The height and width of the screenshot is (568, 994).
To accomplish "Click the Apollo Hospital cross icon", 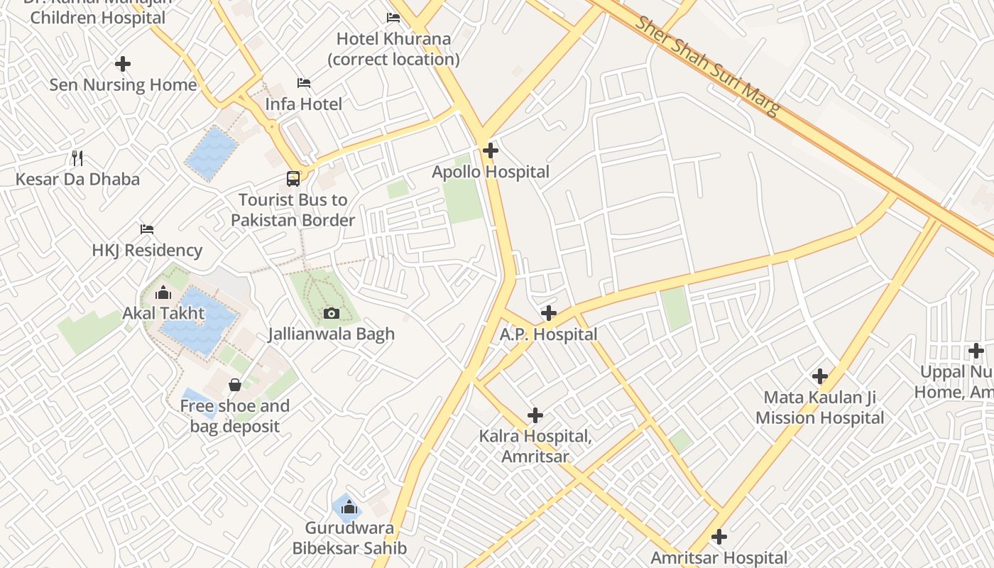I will (490, 151).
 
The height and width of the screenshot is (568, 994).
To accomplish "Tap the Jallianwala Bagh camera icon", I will (331, 313).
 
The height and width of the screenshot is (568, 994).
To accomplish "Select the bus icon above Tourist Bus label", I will (293, 178).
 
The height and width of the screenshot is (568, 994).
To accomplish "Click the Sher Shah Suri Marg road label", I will (707, 65).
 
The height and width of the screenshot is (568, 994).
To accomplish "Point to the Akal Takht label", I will (163, 313).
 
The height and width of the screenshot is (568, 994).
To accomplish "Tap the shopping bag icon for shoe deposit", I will (235, 385).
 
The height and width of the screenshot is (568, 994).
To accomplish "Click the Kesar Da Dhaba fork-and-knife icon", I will (78, 158).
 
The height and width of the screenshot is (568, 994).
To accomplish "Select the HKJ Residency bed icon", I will (147, 229).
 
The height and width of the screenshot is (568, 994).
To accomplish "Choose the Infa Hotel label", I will (303, 104).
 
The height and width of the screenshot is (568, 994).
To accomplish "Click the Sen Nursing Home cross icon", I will (123, 65).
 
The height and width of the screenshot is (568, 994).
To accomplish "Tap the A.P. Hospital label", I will (548, 334).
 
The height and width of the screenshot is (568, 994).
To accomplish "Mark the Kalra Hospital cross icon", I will (535, 415).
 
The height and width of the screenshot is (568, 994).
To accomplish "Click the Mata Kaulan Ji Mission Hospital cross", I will (820, 376).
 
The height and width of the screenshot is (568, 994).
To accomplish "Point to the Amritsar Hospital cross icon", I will (719, 537).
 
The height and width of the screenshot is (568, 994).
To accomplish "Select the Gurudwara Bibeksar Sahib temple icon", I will (349, 507).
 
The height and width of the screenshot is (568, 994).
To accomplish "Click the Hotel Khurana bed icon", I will (393, 18).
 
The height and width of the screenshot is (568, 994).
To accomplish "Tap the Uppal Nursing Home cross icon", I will (976, 351).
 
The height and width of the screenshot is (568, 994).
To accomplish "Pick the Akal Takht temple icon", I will (163, 293).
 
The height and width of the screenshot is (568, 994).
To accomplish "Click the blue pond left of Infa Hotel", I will (212, 153).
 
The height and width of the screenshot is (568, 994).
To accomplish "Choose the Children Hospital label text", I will (98, 18).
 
